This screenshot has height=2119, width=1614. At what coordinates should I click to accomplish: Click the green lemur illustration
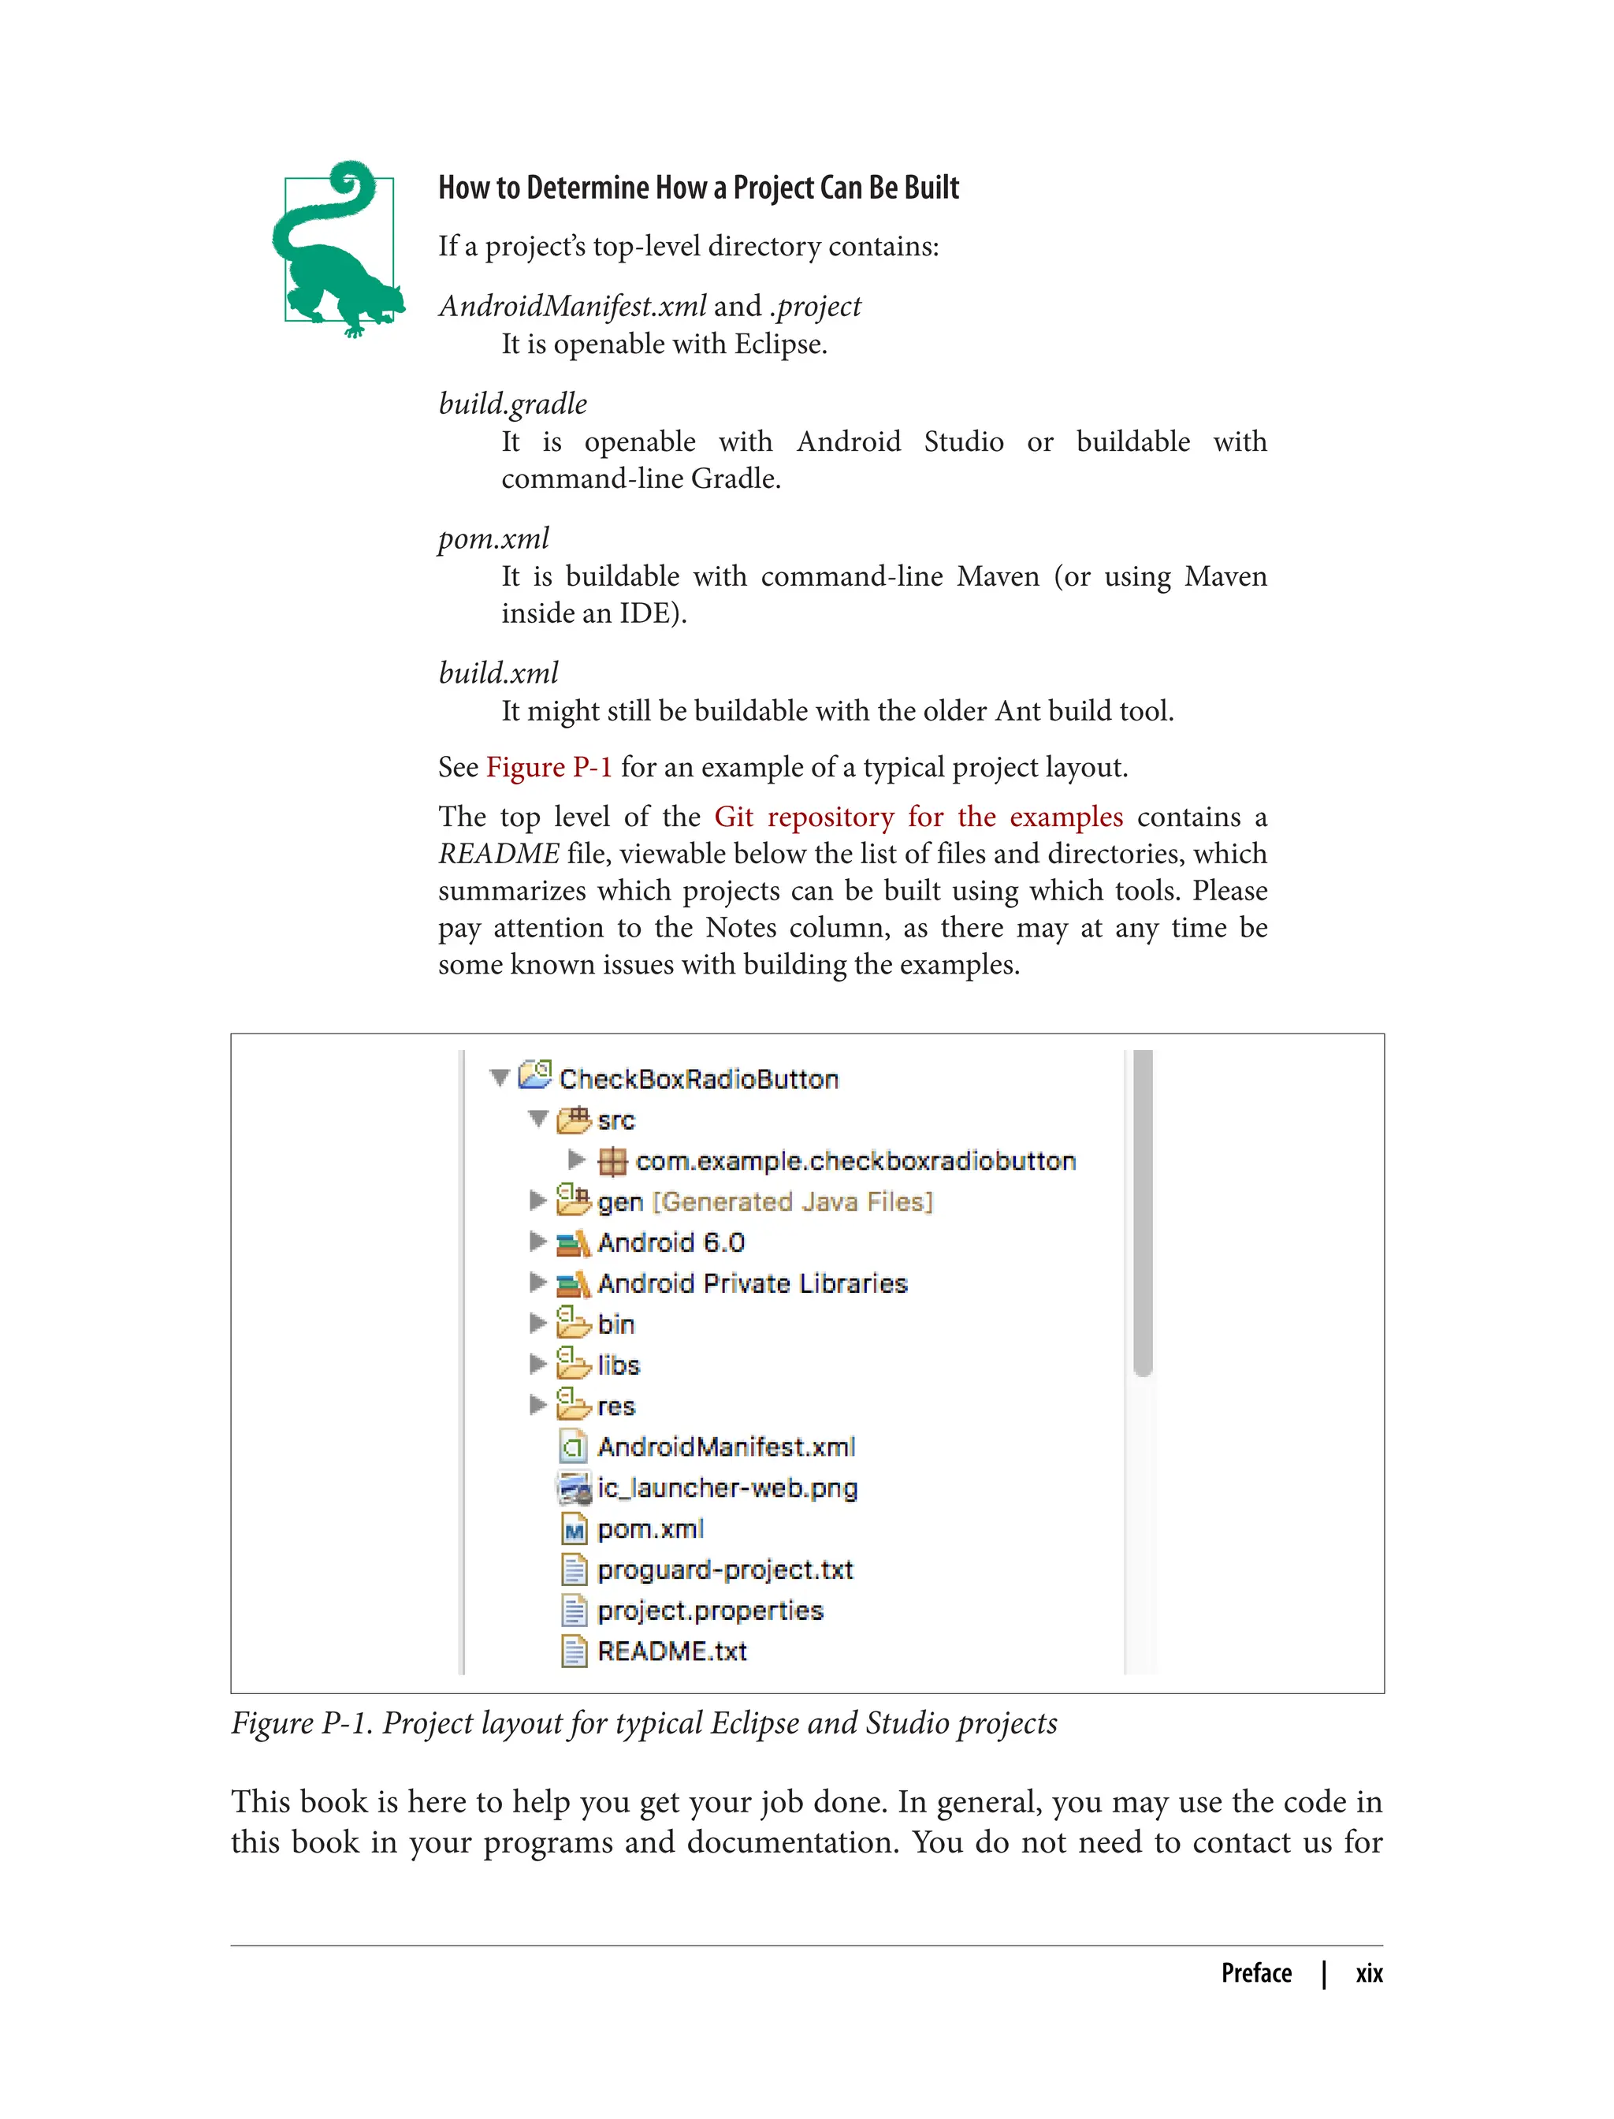[x=337, y=251]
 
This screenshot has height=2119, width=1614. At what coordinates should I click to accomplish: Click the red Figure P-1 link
[x=549, y=767]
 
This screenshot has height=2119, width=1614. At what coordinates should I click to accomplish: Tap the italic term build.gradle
[x=512, y=404]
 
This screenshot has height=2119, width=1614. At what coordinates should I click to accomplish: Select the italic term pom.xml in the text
[x=494, y=538]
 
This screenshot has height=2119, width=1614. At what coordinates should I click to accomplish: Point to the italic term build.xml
[x=497, y=672]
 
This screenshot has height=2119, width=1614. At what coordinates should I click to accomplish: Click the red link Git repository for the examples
[x=917, y=817]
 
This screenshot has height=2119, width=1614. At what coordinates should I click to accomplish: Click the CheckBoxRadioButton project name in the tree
[x=697, y=1079]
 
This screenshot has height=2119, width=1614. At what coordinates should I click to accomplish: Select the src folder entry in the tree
[x=615, y=1120]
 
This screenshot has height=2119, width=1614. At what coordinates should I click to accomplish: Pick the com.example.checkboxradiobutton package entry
[x=854, y=1161]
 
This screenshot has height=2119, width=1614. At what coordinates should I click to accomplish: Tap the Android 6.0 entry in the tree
[x=671, y=1242]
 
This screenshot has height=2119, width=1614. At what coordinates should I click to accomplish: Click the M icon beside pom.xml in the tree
[x=574, y=1530]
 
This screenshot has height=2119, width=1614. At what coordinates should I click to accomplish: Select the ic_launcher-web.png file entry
[x=727, y=1488]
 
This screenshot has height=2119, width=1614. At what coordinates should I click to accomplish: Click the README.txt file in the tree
[x=671, y=1652]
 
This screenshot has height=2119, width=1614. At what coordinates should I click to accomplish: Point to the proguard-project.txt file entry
[x=724, y=1570]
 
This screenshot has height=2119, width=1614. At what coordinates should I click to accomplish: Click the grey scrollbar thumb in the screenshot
[x=1142, y=1211]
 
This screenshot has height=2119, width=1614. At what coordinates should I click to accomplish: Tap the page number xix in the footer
[x=1368, y=1973]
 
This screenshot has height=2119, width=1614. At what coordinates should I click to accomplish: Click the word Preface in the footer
[x=1255, y=1973]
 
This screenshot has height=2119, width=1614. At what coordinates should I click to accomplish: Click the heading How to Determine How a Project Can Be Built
[x=698, y=188]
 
